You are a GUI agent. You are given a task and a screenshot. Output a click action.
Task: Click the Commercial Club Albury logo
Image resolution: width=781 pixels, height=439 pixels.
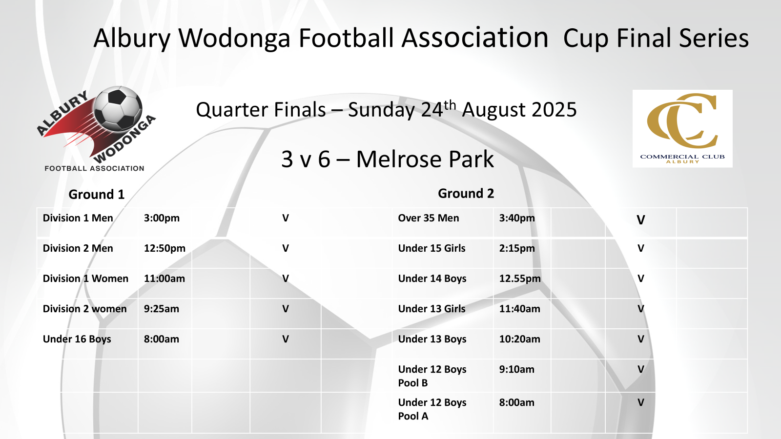(x=682, y=129)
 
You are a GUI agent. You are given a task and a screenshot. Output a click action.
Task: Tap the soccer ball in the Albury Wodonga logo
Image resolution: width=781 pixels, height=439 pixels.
(x=118, y=109)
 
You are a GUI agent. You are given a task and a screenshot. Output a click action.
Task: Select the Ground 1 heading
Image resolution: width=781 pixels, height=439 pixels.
(x=97, y=195)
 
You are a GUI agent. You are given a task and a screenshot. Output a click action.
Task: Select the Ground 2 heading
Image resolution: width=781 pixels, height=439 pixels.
(x=466, y=193)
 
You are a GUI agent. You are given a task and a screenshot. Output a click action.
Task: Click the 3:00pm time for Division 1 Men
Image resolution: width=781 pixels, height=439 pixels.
(x=162, y=218)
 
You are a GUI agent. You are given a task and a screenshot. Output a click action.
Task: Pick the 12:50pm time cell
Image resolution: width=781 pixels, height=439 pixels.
(x=164, y=248)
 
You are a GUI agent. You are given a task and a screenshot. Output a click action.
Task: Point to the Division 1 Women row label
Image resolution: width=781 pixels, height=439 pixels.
(x=85, y=279)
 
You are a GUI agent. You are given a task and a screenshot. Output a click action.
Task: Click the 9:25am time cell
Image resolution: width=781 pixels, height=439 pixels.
(x=162, y=309)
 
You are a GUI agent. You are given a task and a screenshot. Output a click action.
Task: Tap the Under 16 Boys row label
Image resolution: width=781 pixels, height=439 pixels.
(x=77, y=339)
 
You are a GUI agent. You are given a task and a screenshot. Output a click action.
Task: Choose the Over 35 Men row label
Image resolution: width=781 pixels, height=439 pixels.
(x=429, y=218)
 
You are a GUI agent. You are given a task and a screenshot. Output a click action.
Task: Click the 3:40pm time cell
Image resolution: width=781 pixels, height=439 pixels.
(x=517, y=218)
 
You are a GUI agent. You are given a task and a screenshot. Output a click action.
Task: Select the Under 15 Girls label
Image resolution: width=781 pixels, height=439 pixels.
(x=432, y=248)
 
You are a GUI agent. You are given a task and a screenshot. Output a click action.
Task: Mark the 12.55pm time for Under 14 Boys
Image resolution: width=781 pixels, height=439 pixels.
(x=520, y=279)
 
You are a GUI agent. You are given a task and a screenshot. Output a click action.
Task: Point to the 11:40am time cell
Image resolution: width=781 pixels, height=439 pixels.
(x=519, y=309)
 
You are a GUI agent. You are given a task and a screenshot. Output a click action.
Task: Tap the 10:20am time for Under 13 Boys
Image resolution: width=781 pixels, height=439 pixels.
(x=519, y=339)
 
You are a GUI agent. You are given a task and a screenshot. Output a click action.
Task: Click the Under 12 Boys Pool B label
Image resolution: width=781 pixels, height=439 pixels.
(x=432, y=376)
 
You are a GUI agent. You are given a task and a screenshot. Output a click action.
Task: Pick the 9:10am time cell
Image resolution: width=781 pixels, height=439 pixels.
(x=517, y=369)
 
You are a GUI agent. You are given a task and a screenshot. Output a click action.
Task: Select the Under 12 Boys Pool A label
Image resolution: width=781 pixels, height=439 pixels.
(x=432, y=409)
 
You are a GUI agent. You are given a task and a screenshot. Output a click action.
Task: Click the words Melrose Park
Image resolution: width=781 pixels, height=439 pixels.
(x=425, y=160)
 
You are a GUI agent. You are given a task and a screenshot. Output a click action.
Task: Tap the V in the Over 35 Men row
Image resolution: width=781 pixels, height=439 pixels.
(x=641, y=220)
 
